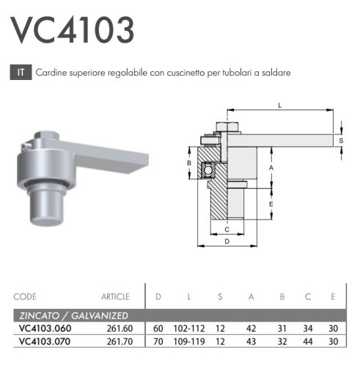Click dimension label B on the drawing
pyautogui.click(x=188, y=163)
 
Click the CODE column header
pyautogui.click(x=25, y=297)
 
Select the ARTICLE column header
pyautogui.click(x=115, y=297)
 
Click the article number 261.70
pyautogui.click(x=117, y=341)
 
